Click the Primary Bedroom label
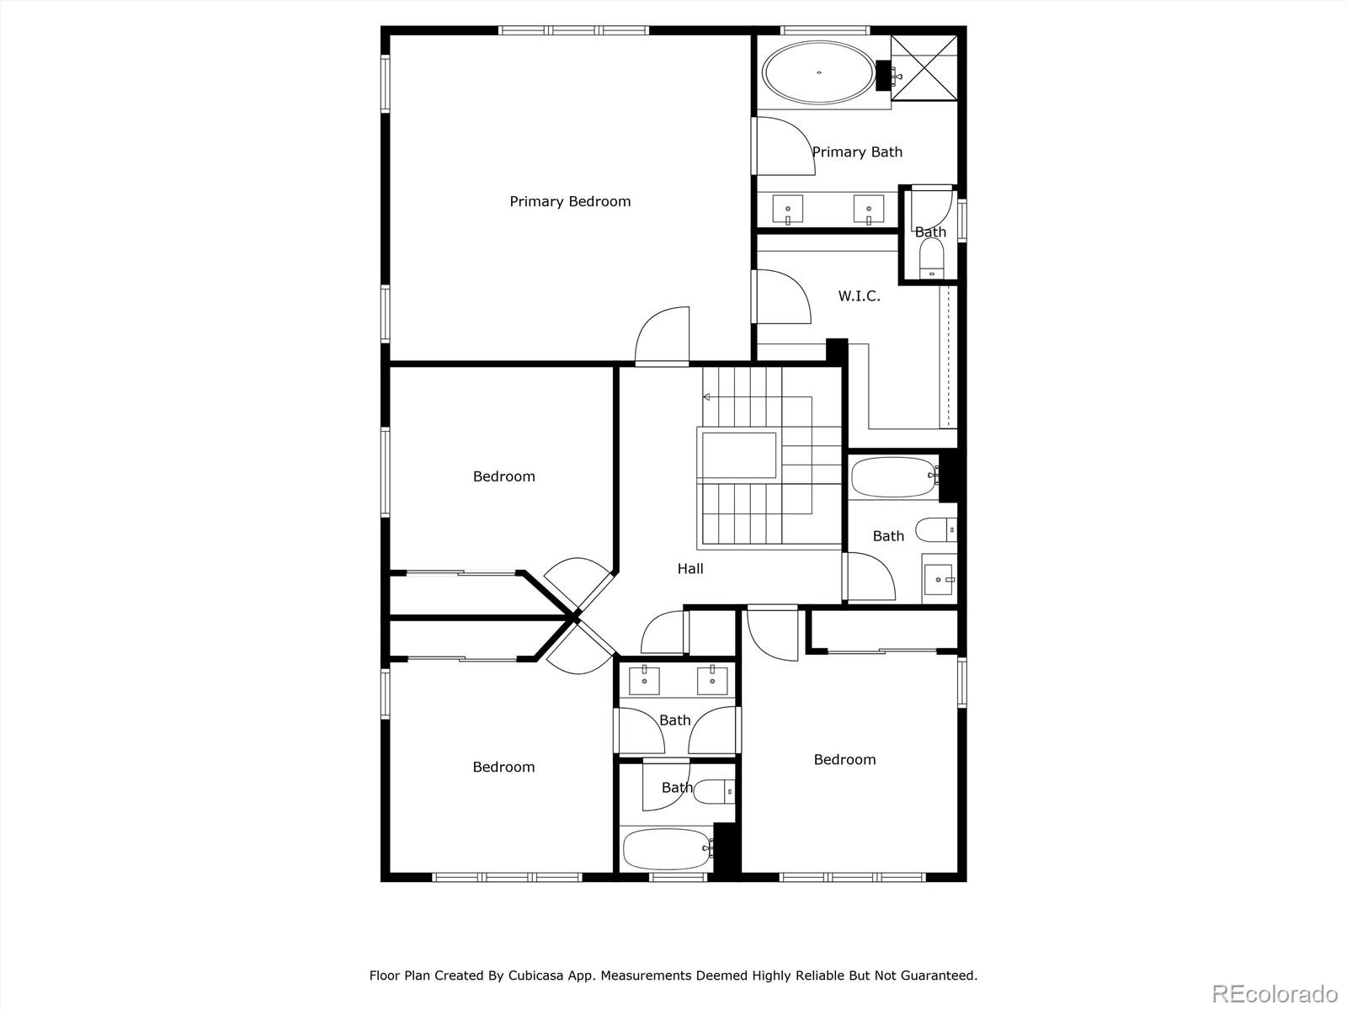point(570,202)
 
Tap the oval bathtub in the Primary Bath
point(818,72)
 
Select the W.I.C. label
point(860,296)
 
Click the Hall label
point(690,569)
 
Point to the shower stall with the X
point(924,67)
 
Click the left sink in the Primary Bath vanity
point(787,210)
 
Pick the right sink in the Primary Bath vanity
point(868,210)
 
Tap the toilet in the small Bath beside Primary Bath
point(932,258)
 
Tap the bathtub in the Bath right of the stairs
point(894,476)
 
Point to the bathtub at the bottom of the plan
point(667,848)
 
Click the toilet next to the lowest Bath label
point(714,791)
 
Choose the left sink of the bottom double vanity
point(644,681)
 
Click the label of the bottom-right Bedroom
point(844,760)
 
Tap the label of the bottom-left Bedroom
point(503,767)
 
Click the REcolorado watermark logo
point(1275,993)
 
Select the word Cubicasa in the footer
point(535,975)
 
